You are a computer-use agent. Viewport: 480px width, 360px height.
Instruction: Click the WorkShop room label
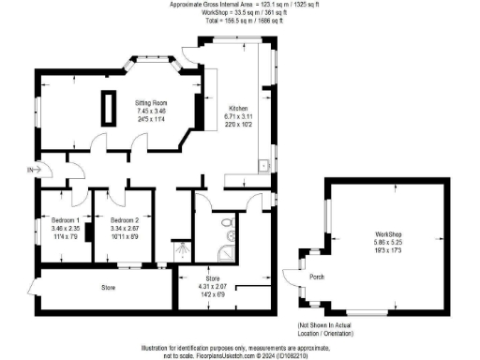[388, 232]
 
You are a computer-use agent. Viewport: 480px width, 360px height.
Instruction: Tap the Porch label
[315, 276]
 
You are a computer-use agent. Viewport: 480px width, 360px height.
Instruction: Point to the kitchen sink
[267, 166]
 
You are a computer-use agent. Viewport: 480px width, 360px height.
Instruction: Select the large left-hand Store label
[109, 286]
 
